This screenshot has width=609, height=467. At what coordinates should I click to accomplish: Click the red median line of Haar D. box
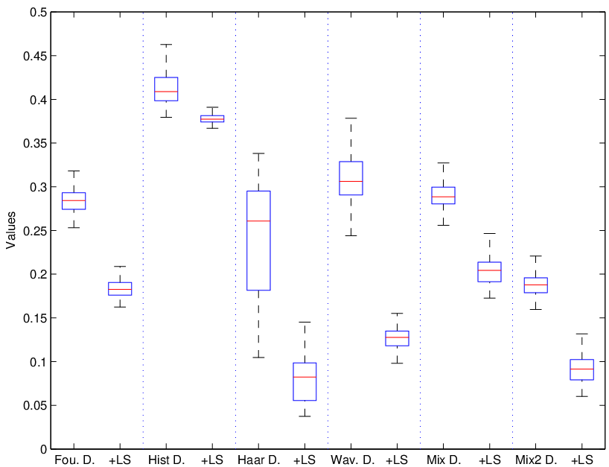click(x=258, y=220)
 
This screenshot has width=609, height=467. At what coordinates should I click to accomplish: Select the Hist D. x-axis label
click(x=166, y=460)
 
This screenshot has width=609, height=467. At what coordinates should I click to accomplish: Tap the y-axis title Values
click(x=11, y=230)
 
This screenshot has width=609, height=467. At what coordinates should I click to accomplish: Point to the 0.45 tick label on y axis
click(x=35, y=56)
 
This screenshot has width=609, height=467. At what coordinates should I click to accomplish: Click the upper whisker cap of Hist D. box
click(x=166, y=45)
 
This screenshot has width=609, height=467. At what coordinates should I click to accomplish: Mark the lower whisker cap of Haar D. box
click(x=258, y=358)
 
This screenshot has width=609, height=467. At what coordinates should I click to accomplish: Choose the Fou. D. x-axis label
click(x=74, y=460)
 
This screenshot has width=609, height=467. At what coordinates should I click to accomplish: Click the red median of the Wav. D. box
click(x=351, y=182)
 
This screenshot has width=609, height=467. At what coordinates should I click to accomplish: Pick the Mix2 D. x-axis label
click(x=536, y=460)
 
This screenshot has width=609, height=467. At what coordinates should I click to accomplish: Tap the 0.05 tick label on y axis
click(x=35, y=406)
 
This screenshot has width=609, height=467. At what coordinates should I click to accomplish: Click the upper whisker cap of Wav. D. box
click(x=351, y=118)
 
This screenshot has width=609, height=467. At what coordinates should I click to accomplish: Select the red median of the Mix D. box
click(x=444, y=197)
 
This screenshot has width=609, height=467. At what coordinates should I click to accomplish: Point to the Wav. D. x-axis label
click(x=353, y=460)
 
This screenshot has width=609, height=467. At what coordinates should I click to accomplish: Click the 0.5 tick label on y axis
click(x=38, y=13)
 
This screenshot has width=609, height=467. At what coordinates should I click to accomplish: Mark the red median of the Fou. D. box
click(x=74, y=200)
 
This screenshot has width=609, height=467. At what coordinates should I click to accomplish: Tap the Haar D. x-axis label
click(x=258, y=460)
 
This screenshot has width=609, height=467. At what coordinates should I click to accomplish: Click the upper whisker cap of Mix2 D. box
click(x=536, y=256)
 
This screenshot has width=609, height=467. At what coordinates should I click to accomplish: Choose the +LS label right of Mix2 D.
click(x=582, y=460)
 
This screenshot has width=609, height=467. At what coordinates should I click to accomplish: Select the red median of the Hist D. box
click(x=166, y=92)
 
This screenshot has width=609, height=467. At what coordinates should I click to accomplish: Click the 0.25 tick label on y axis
click(x=35, y=231)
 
